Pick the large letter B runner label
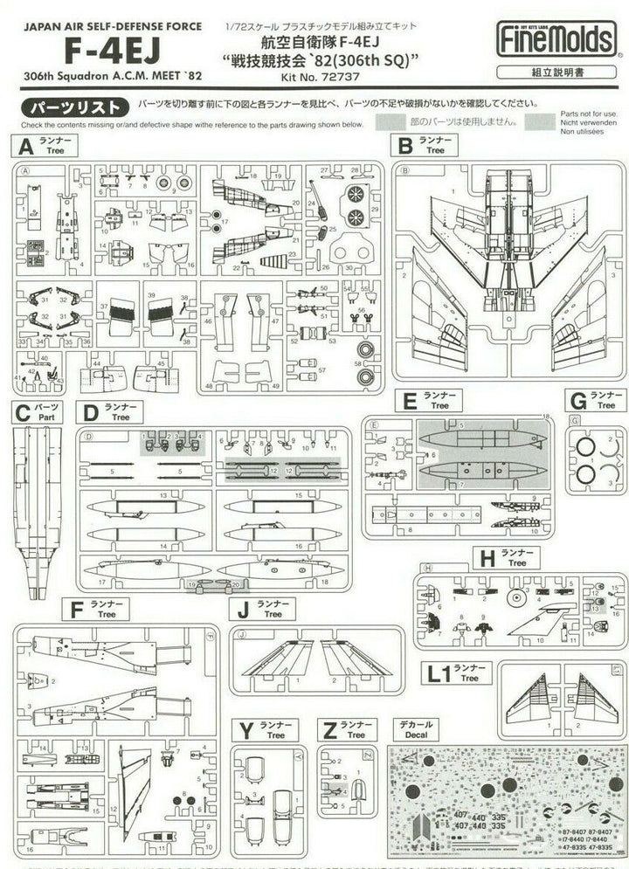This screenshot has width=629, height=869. (405, 145)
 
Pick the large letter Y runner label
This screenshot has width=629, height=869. (246, 729)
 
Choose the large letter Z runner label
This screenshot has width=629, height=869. (329, 729)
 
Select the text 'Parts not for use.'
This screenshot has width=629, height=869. (590, 114)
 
